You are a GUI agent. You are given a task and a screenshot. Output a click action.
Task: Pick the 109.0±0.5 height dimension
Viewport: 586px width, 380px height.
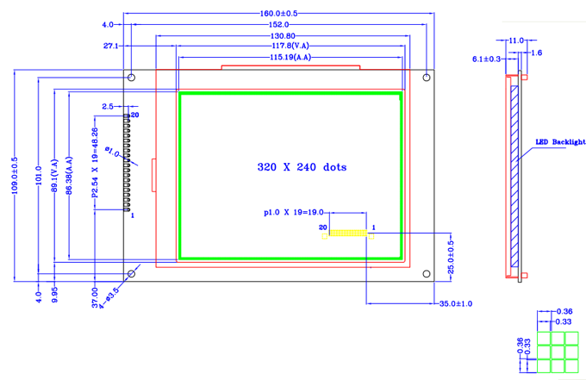coord(15,177)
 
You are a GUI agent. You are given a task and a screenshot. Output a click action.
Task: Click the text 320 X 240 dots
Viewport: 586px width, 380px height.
coord(302,167)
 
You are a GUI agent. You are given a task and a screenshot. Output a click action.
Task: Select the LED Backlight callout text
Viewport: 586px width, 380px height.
coord(560,142)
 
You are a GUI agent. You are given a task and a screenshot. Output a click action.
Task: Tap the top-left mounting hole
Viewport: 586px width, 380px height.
coord(132,78)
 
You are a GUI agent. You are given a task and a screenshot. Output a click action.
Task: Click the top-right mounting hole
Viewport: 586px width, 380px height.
coord(427,78)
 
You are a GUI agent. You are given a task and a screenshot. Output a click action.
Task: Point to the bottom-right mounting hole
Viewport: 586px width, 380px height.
coord(427,273)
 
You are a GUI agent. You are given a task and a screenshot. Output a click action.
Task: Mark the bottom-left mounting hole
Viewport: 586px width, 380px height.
coord(132,274)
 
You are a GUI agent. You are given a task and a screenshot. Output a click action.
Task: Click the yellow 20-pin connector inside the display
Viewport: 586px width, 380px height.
coord(349,233)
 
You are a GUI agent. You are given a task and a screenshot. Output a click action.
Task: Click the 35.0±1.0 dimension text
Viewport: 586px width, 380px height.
coord(455,304)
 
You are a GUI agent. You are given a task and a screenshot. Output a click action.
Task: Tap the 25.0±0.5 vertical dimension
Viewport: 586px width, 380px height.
coord(452,256)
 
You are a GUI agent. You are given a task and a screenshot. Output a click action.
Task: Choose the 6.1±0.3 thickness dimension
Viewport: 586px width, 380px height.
coord(487,59)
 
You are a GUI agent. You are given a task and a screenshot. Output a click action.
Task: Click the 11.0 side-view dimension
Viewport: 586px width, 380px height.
coord(516,40)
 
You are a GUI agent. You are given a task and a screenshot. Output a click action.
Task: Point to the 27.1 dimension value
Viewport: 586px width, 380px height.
coord(110,46)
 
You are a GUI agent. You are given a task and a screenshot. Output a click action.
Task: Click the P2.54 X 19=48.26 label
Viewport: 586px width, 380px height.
coord(95,164)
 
